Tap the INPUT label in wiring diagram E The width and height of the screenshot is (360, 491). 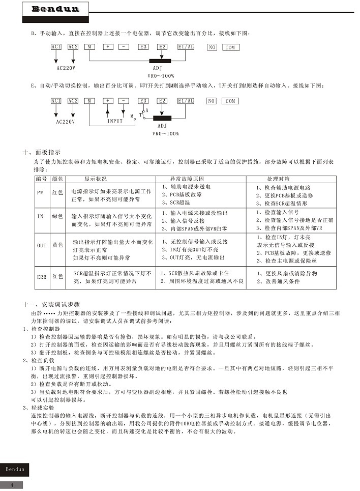115,121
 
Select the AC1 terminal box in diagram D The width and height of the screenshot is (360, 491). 56,47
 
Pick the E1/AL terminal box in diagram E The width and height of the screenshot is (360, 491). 186,101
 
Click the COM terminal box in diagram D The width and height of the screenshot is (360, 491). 230,47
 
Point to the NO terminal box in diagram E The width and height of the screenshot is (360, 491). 212,101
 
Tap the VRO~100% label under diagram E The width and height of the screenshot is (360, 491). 166,133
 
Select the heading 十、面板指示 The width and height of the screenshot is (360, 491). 42,152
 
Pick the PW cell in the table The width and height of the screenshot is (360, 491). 40,193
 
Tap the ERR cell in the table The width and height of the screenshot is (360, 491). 41,277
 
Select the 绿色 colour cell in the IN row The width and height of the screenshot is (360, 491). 57,217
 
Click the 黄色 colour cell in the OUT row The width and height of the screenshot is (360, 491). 57,245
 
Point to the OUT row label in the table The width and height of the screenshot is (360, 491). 41,245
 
